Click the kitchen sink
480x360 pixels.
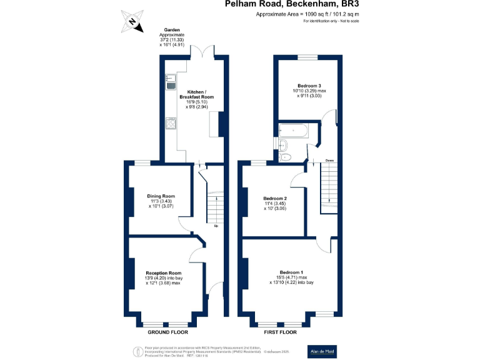170,81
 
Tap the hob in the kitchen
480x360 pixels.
170,122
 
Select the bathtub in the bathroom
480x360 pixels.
294,131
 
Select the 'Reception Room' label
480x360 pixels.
164,273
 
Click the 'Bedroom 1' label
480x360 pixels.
291,272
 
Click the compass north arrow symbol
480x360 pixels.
132,21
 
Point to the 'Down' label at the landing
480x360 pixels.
329,161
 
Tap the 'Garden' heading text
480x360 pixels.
172,29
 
